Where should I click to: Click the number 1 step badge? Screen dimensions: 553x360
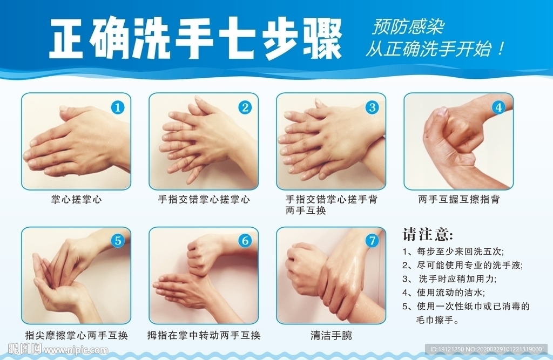pos(117,107)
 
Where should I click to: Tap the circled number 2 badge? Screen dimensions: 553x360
pos(245,107)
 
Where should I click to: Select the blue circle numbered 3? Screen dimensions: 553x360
pos(372,107)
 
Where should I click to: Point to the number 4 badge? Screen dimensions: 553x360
pos(498,107)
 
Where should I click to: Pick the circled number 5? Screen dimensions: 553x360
pos(117,241)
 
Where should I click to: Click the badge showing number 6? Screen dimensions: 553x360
pos(245,241)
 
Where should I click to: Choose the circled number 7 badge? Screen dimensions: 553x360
pos(372,241)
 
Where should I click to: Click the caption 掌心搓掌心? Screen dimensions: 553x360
pos(76,200)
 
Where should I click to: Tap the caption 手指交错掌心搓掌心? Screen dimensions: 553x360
pos(204,200)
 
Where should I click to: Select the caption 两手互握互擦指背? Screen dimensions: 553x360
pos(459,200)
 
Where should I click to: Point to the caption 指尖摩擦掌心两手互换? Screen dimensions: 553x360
pos(76,335)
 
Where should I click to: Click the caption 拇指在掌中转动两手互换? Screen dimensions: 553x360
pos(204,335)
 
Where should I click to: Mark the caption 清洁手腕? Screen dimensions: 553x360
pos(331,335)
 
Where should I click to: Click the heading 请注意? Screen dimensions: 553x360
pos(428,234)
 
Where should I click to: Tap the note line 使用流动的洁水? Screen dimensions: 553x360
pos(450,293)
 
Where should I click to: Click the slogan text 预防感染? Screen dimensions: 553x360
pos(408,27)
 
